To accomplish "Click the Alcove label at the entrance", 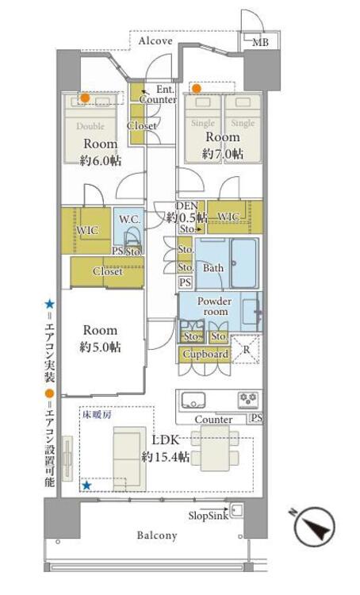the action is [155, 41].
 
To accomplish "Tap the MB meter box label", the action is [260, 43].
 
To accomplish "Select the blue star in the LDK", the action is [87, 486].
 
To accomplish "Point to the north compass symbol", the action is [315, 527].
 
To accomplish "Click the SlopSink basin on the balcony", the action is [236, 511].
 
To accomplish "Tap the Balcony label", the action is [157, 535].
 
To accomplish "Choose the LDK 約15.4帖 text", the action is [166, 448].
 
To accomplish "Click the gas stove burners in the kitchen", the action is [248, 400].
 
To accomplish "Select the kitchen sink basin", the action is [193, 400].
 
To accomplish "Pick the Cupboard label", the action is [205, 354].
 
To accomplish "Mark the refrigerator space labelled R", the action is [246, 350].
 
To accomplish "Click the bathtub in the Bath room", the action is [243, 263].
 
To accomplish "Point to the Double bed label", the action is [90, 126].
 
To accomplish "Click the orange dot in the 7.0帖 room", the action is [197, 89].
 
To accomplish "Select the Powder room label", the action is [214, 306].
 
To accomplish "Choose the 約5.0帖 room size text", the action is [100, 347].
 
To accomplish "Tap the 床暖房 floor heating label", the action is [97, 415].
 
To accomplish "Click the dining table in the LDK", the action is [215, 448].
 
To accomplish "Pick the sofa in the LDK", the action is [130, 459].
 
